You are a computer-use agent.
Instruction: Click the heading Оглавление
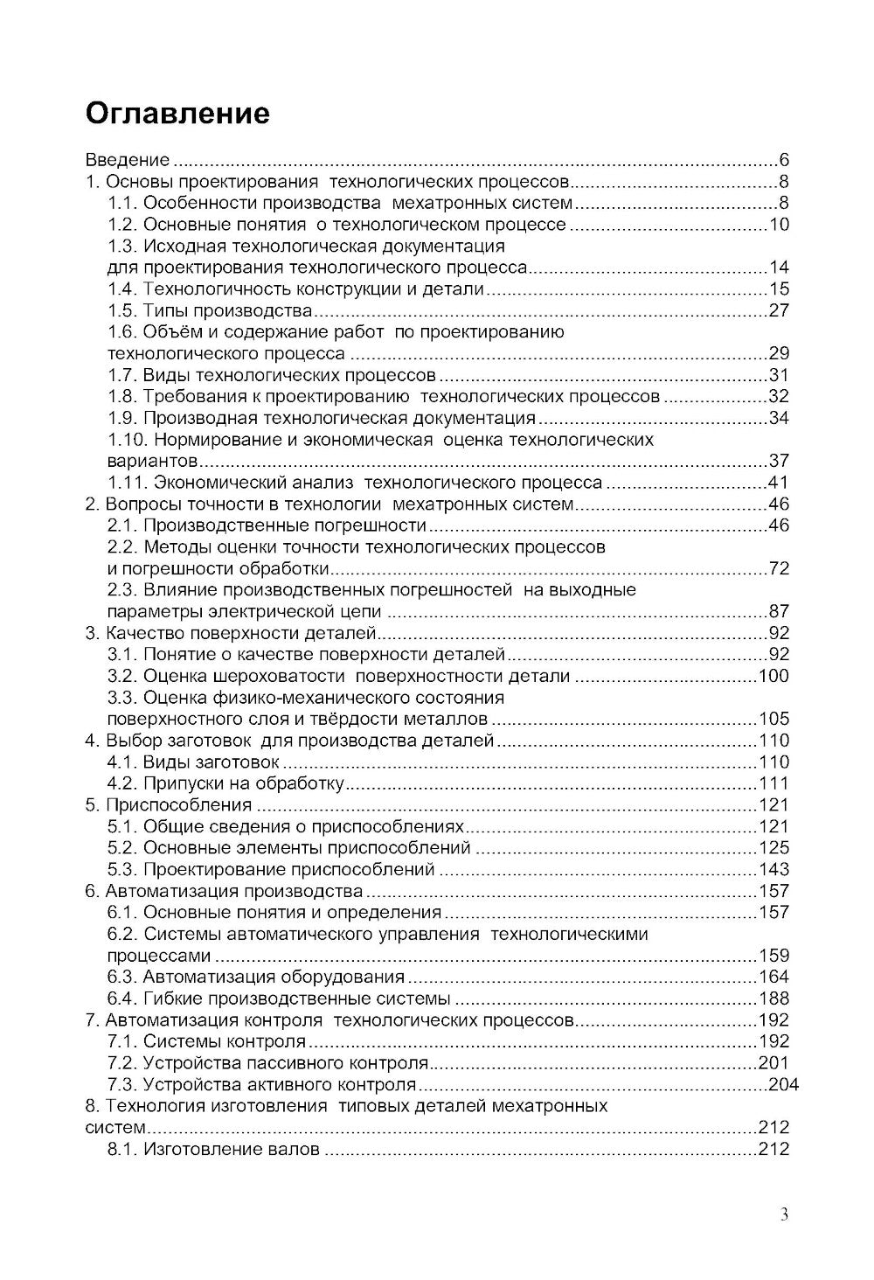177,114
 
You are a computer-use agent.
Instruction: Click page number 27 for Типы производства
779,310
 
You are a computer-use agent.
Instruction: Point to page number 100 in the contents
773,676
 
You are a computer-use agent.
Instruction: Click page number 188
773,998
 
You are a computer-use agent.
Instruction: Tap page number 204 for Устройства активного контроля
783,1085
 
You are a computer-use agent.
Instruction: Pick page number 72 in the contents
779,568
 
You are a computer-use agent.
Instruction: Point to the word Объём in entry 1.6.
171,332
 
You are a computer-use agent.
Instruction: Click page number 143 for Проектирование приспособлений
773,869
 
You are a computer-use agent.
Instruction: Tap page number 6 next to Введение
784,160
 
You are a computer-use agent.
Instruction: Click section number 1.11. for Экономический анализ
126,483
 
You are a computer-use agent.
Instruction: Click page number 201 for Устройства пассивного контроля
773,1063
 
